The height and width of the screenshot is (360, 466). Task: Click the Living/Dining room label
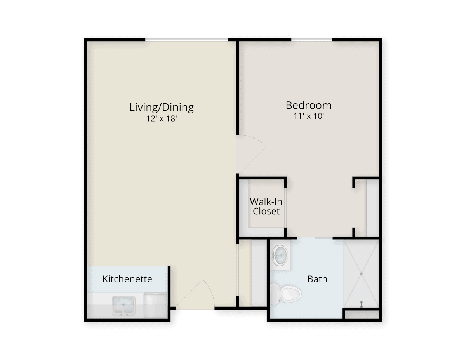pyautogui.click(x=162, y=108)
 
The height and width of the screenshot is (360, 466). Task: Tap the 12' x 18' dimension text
pyautogui.click(x=162, y=118)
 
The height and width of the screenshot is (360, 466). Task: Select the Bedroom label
pyautogui.click(x=309, y=105)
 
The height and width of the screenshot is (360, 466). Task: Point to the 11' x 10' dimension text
pyautogui.click(x=309, y=116)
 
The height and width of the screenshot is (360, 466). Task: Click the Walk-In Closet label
pyautogui.click(x=266, y=207)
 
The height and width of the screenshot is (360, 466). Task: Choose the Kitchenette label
pyautogui.click(x=127, y=279)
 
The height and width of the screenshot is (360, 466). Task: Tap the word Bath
pyautogui.click(x=317, y=279)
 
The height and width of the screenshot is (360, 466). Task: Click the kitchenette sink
pyautogui.click(x=123, y=306)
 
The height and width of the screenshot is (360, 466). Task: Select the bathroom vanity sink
pyautogui.click(x=280, y=256)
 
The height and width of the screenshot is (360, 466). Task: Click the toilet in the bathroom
pyautogui.click(x=286, y=294)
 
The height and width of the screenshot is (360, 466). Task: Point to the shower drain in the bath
pyautogui.click(x=362, y=273)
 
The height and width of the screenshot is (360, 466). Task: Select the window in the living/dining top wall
pyautogui.click(x=186, y=40)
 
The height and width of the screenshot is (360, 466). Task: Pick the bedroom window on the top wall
pyautogui.click(x=312, y=40)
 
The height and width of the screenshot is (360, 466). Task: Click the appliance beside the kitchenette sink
pyautogui.click(x=155, y=306)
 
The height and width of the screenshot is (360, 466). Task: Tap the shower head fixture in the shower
pyautogui.click(x=362, y=304)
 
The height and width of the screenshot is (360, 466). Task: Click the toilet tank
pyautogui.click(x=275, y=294)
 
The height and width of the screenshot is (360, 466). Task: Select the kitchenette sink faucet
pyautogui.click(x=123, y=311)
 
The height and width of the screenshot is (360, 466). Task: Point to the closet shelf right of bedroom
pyautogui.click(x=373, y=207)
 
